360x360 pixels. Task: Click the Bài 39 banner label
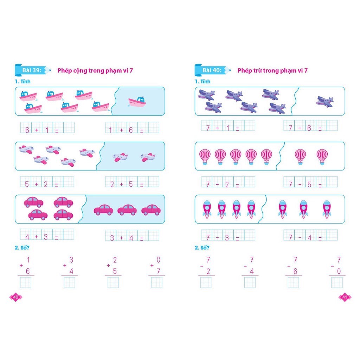[x=32, y=70]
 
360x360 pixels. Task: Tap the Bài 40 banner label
[x=212, y=70]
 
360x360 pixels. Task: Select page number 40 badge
[x=15, y=297]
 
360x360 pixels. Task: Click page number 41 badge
[x=345, y=297]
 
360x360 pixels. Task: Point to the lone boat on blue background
[x=137, y=102]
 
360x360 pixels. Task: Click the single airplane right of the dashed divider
[x=324, y=102]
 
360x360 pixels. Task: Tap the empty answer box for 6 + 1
[x=69, y=128]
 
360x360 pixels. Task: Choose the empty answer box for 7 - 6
[x=332, y=126]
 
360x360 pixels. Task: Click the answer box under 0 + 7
[x=157, y=282]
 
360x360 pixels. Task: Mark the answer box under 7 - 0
[x=337, y=282]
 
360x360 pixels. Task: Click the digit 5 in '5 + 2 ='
[x=27, y=184]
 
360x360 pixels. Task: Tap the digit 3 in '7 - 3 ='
[x=227, y=238]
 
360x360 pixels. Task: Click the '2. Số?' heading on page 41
[x=202, y=248]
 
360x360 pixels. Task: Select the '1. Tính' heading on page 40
[x=22, y=82]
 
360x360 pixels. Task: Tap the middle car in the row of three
[x=127, y=210]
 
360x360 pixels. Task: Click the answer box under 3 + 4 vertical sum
[x=70, y=282]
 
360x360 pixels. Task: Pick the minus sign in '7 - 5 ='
[x=300, y=184]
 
